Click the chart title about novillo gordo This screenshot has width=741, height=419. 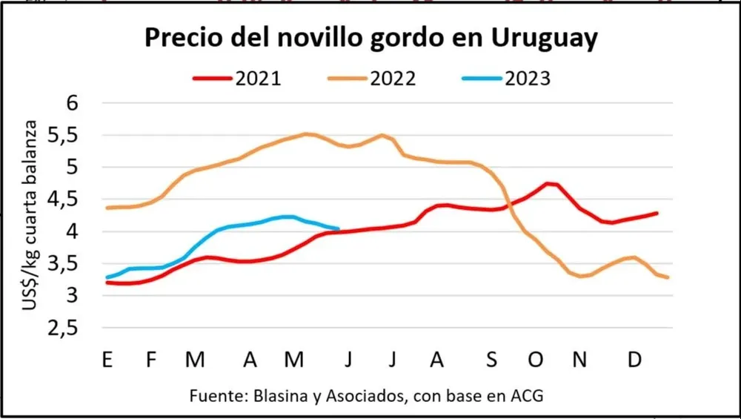click(x=370, y=39)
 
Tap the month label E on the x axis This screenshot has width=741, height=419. click(x=107, y=360)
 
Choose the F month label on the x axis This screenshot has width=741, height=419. click(x=151, y=360)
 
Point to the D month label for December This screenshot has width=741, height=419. click(x=634, y=360)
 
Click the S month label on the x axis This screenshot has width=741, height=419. click(x=491, y=360)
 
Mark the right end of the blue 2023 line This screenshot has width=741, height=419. click(x=339, y=229)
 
